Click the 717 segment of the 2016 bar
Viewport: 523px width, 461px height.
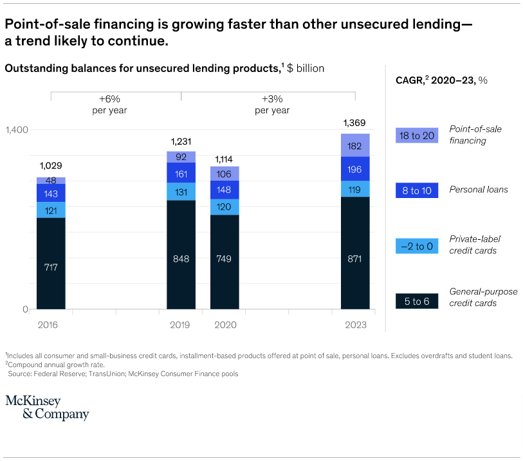[x=51, y=266]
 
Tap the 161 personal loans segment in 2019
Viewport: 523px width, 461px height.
[x=181, y=173]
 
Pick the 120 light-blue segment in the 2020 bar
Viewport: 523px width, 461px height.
[x=225, y=207]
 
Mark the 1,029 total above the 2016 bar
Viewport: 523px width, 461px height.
[x=51, y=166]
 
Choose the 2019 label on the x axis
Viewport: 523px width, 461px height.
[x=181, y=325]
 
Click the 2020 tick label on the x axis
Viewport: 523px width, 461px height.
[x=225, y=325]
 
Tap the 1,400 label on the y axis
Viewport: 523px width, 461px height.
[x=17, y=130]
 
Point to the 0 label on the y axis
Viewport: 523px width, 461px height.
[x=26, y=309]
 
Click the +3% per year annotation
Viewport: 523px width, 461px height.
[x=272, y=105]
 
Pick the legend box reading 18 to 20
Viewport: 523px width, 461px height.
[x=417, y=135]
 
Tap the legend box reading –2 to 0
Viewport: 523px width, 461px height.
[x=417, y=245]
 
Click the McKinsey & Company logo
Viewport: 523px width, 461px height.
[x=47, y=408]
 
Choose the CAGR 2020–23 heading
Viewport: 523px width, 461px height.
[x=441, y=80]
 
